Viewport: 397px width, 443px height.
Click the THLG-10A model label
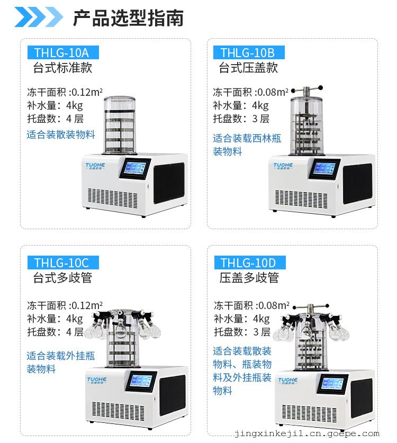63,52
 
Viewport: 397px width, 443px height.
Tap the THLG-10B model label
249,52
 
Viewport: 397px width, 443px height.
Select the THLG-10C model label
63,263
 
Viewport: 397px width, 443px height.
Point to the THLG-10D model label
250,263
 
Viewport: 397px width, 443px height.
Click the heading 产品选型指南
128,18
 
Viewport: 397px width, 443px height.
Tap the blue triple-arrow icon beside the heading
39,16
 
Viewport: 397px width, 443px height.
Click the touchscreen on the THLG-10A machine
135,168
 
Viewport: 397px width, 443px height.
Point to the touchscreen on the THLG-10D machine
332,384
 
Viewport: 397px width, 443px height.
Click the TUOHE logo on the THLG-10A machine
95,166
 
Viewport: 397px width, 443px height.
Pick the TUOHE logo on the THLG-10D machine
287,381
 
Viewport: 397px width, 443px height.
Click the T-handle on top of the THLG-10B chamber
307,90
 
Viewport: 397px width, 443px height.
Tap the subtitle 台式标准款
63,68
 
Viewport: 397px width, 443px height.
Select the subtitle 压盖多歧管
249,278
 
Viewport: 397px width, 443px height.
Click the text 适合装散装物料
61,134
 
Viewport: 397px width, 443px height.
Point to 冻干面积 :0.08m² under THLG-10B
250,92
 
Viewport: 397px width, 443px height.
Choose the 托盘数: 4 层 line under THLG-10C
56,332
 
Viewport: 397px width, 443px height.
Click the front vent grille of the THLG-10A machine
113,198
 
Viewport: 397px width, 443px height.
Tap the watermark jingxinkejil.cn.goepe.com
307,433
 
